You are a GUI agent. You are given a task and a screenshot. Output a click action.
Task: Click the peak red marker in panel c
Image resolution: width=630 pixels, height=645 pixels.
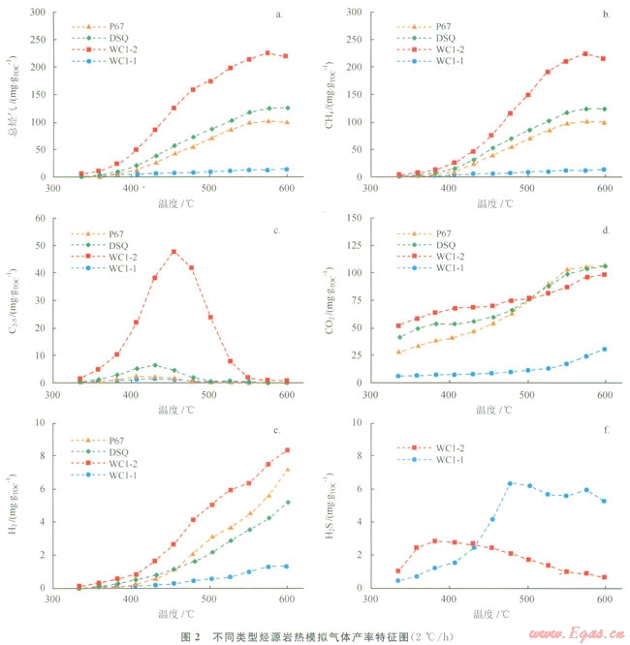tap(173, 252)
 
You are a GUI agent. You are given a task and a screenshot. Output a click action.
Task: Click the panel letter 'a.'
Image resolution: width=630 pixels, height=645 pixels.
tap(280, 15)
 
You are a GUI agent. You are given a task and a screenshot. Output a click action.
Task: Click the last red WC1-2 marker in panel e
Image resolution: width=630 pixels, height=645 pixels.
tap(287, 450)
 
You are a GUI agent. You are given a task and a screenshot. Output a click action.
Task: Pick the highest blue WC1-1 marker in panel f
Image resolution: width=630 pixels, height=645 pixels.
tap(510, 483)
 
